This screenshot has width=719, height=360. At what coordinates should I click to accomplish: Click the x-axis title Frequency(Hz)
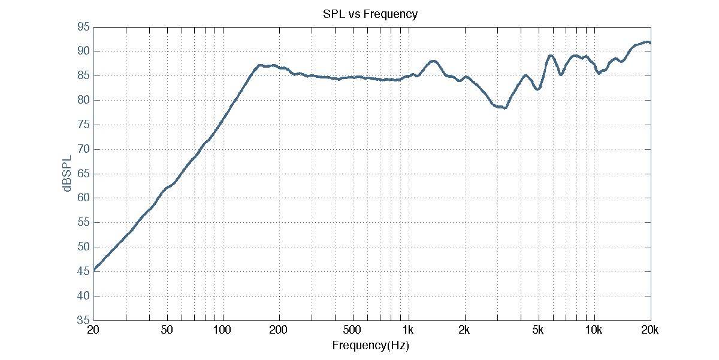(x=370, y=346)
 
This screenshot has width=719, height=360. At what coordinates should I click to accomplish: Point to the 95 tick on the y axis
(x=83, y=27)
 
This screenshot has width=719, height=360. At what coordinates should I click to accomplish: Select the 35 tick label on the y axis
(x=83, y=320)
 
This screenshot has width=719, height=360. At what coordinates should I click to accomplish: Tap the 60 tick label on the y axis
(x=83, y=198)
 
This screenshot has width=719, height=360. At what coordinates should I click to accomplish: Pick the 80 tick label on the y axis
(x=83, y=101)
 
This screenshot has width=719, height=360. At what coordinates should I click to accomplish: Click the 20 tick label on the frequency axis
(x=93, y=331)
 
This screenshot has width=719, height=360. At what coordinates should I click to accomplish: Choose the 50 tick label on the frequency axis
(x=167, y=331)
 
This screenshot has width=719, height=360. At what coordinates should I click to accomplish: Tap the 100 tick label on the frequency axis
(x=222, y=331)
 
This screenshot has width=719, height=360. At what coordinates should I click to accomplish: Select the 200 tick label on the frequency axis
(x=279, y=331)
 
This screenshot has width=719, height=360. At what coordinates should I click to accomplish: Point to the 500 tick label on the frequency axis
(x=352, y=331)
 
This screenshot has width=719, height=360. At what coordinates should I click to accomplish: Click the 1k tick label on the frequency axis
(x=409, y=331)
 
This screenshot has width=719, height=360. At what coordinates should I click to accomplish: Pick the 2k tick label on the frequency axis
(x=464, y=331)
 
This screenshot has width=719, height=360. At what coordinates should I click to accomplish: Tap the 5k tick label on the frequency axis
(x=538, y=331)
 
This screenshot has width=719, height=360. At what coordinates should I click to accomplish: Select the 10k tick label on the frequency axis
(x=594, y=331)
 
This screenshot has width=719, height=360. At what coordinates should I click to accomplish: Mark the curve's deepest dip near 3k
(x=505, y=108)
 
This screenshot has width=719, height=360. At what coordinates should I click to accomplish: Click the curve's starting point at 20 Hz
(x=93, y=270)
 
